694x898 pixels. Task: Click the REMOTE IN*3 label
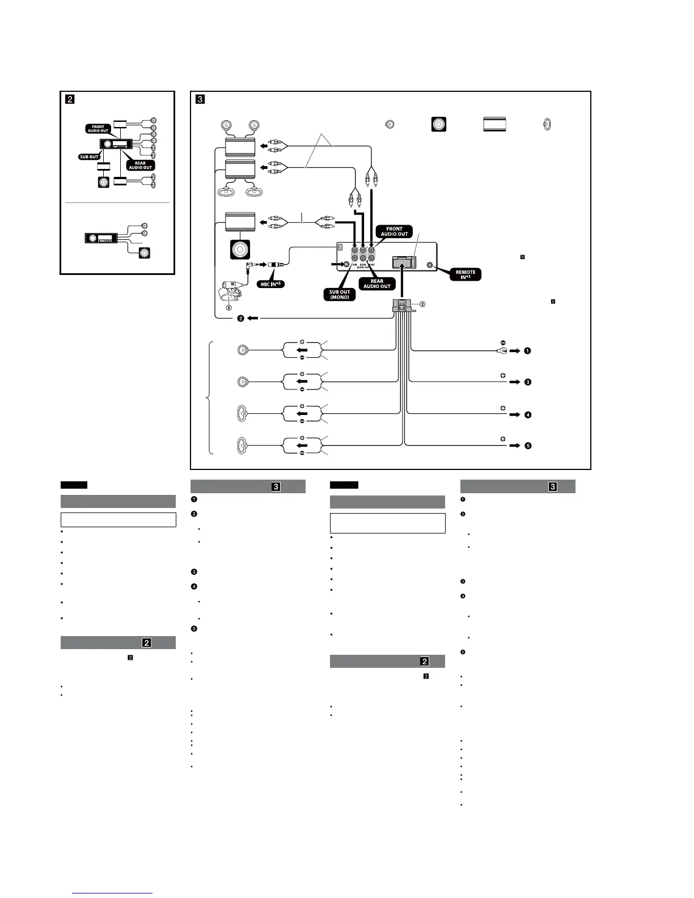(465, 275)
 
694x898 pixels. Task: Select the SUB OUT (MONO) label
(340, 295)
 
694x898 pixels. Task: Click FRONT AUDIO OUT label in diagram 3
(394, 232)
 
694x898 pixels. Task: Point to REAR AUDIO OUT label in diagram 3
(377, 283)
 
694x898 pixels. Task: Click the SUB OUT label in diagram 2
(90, 157)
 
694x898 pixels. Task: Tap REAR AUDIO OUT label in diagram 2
(140, 166)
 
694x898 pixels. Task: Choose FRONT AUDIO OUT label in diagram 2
(98, 129)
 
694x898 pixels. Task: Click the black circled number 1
(527, 351)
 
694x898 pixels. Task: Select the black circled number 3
(527, 382)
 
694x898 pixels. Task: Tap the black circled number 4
(527, 414)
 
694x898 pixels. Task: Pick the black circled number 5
(527, 446)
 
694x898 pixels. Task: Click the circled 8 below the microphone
(229, 308)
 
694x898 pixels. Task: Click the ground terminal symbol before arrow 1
(501, 351)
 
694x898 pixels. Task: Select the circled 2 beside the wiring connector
(422, 304)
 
